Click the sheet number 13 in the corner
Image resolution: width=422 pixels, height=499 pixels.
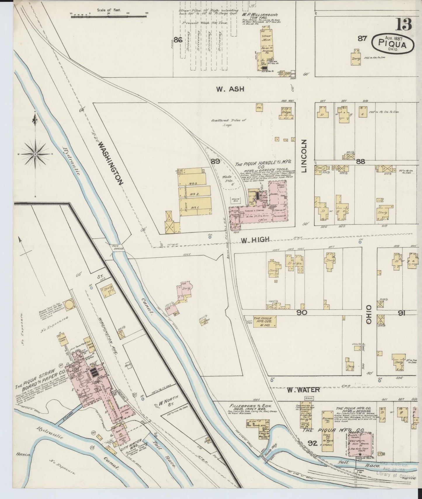[x=404, y=24]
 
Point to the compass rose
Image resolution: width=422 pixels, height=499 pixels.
[x=35, y=154]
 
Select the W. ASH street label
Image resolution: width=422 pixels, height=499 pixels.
[x=230, y=89]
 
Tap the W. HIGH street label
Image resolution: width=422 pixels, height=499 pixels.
[x=255, y=240]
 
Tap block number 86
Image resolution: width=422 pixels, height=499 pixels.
[x=178, y=40]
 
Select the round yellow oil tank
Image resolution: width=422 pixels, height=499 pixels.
[x=70, y=304]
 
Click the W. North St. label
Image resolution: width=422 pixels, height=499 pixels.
[x=167, y=404]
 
